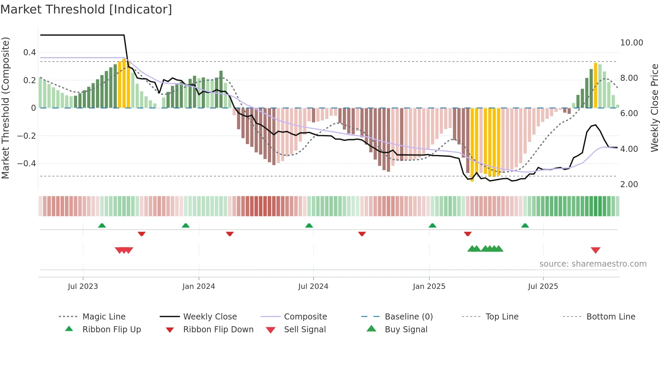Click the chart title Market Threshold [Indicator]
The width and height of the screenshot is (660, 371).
[x=86, y=9]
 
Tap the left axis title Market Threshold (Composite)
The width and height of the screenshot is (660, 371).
[x=5, y=108]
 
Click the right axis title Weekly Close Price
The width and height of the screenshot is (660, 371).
[x=654, y=108]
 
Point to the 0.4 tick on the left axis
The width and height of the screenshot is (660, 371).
[x=30, y=53]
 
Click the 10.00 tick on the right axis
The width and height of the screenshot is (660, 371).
[x=631, y=43]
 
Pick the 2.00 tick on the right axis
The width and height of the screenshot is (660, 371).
[x=629, y=184]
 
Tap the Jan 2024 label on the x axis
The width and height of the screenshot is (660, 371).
[x=198, y=286]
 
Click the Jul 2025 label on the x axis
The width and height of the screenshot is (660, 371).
[x=543, y=286]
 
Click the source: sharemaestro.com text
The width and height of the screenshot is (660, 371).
[x=593, y=264]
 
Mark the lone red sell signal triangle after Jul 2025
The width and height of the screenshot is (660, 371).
[x=595, y=250]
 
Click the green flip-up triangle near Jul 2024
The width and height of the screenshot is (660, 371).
[x=309, y=226]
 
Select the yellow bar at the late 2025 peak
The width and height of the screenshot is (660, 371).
[x=595, y=85]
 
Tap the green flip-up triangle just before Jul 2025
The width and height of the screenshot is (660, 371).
[x=525, y=226]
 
